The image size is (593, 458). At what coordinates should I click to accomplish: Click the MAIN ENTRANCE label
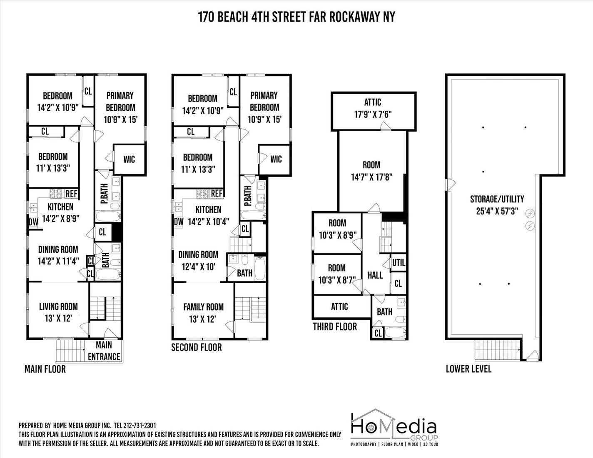tap(104, 351)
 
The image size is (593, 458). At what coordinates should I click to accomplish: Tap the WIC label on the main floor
tap(129, 159)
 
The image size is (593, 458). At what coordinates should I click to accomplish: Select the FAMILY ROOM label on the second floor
tap(203, 307)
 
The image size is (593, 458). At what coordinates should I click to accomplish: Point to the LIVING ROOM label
tap(58, 306)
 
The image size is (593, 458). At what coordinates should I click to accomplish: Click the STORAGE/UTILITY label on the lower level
tap(497, 199)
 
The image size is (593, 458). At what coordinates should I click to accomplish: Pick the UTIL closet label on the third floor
tap(399, 263)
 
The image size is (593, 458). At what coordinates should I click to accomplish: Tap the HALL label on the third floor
tap(375, 275)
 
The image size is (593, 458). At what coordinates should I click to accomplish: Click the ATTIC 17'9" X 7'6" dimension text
tap(373, 114)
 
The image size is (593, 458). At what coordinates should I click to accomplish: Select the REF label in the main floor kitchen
tap(71, 194)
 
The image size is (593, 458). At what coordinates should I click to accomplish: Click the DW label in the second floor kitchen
tap(178, 222)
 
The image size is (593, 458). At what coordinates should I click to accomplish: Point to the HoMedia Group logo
tap(394, 427)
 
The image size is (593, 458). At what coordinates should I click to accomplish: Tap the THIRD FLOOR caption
tap(335, 326)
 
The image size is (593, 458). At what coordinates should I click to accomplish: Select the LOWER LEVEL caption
tap(468, 368)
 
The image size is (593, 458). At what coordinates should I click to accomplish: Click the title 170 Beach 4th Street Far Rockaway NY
tap(296, 17)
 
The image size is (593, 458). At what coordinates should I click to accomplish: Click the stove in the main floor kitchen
tap(56, 194)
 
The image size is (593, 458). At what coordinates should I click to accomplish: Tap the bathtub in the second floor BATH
tap(260, 269)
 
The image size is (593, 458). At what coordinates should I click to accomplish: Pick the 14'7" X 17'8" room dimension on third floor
tap(371, 177)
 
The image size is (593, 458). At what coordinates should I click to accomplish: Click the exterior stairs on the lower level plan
tap(497, 350)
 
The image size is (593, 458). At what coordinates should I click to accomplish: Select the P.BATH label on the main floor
tap(104, 194)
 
